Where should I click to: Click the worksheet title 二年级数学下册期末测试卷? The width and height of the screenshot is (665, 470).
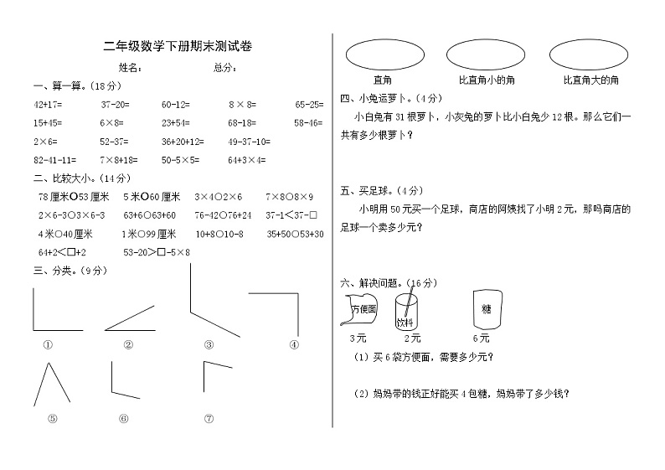177,48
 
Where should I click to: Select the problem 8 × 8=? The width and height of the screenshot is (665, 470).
241,105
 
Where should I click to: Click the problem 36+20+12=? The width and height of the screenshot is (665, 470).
183,141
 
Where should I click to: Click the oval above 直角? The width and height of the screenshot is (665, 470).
383,54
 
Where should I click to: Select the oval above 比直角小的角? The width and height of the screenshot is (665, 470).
486,54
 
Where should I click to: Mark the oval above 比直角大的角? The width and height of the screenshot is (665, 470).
590,54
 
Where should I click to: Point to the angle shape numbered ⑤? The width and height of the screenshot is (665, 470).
52,385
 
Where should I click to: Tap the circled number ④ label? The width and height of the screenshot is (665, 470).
294,343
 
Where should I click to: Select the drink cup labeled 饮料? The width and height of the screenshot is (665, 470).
407,311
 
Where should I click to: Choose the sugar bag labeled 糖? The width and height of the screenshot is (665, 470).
486,308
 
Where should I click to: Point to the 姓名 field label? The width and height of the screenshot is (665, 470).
129,68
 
